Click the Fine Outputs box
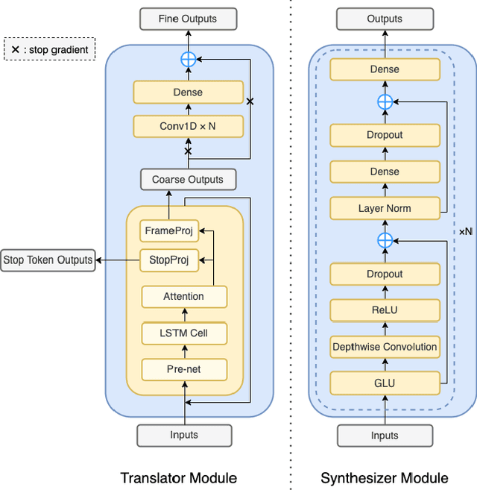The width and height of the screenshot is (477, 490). click(188, 19)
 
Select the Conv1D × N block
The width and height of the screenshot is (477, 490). click(188, 126)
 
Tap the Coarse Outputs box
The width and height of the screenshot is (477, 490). click(188, 180)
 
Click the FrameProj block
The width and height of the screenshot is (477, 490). click(168, 230)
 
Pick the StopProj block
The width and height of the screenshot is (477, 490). click(168, 260)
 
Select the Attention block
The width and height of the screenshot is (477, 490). click(183, 297)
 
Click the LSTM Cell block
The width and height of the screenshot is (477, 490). click(183, 333)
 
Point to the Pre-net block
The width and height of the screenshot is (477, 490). click(183, 368)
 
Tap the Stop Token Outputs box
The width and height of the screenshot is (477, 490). click(48, 260)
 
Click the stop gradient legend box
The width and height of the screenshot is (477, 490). click(50, 50)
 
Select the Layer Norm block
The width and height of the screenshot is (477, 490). click(384, 208)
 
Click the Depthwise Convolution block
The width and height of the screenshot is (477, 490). click(384, 347)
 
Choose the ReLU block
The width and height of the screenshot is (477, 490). click(384, 310)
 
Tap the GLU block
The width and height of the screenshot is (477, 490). click(384, 383)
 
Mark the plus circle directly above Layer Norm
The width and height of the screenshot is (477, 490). click(385, 240)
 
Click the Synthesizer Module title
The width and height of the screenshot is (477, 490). click(385, 478)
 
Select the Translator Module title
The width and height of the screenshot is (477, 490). click(179, 478)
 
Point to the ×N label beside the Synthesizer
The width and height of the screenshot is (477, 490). click(465, 232)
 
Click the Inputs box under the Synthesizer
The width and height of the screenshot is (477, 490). click(385, 435)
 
